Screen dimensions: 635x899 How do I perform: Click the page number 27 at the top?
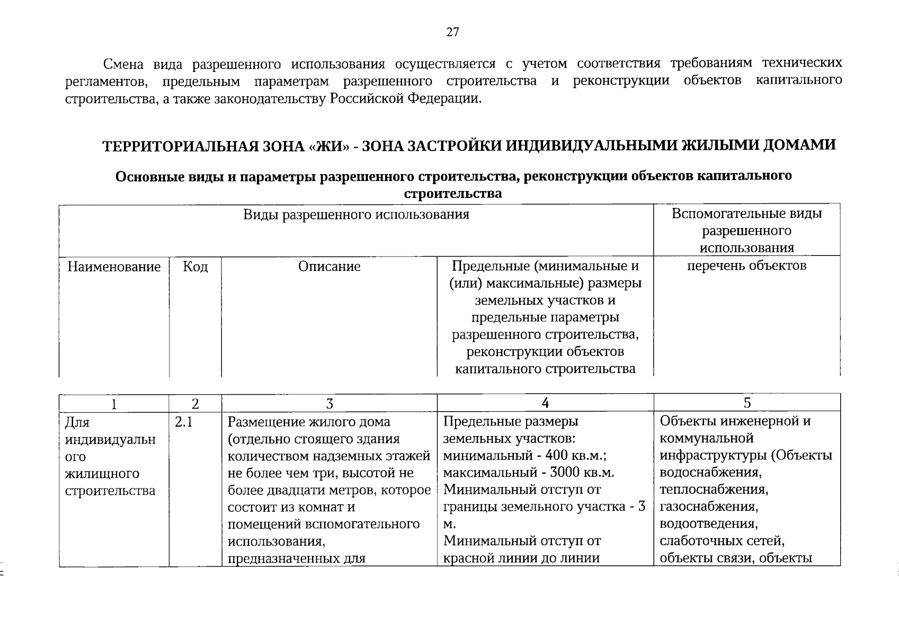[x=452, y=33]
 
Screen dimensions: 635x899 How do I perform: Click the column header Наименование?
[x=114, y=267]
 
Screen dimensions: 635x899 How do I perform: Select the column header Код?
[x=195, y=267]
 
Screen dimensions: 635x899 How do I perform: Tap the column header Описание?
[x=329, y=267]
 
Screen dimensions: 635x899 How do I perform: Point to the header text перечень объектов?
[x=746, y=266]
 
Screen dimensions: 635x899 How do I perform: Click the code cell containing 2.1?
[x=183, y=422]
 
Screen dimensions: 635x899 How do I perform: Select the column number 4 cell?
[x=545, y=404]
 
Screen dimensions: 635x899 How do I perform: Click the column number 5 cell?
[x=747, y=403]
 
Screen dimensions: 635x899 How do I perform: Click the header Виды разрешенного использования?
[x=356, y=215]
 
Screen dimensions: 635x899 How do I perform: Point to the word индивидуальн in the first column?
[x=110, y=440]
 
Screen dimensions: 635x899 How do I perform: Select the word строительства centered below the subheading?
[x=452, y=194]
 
